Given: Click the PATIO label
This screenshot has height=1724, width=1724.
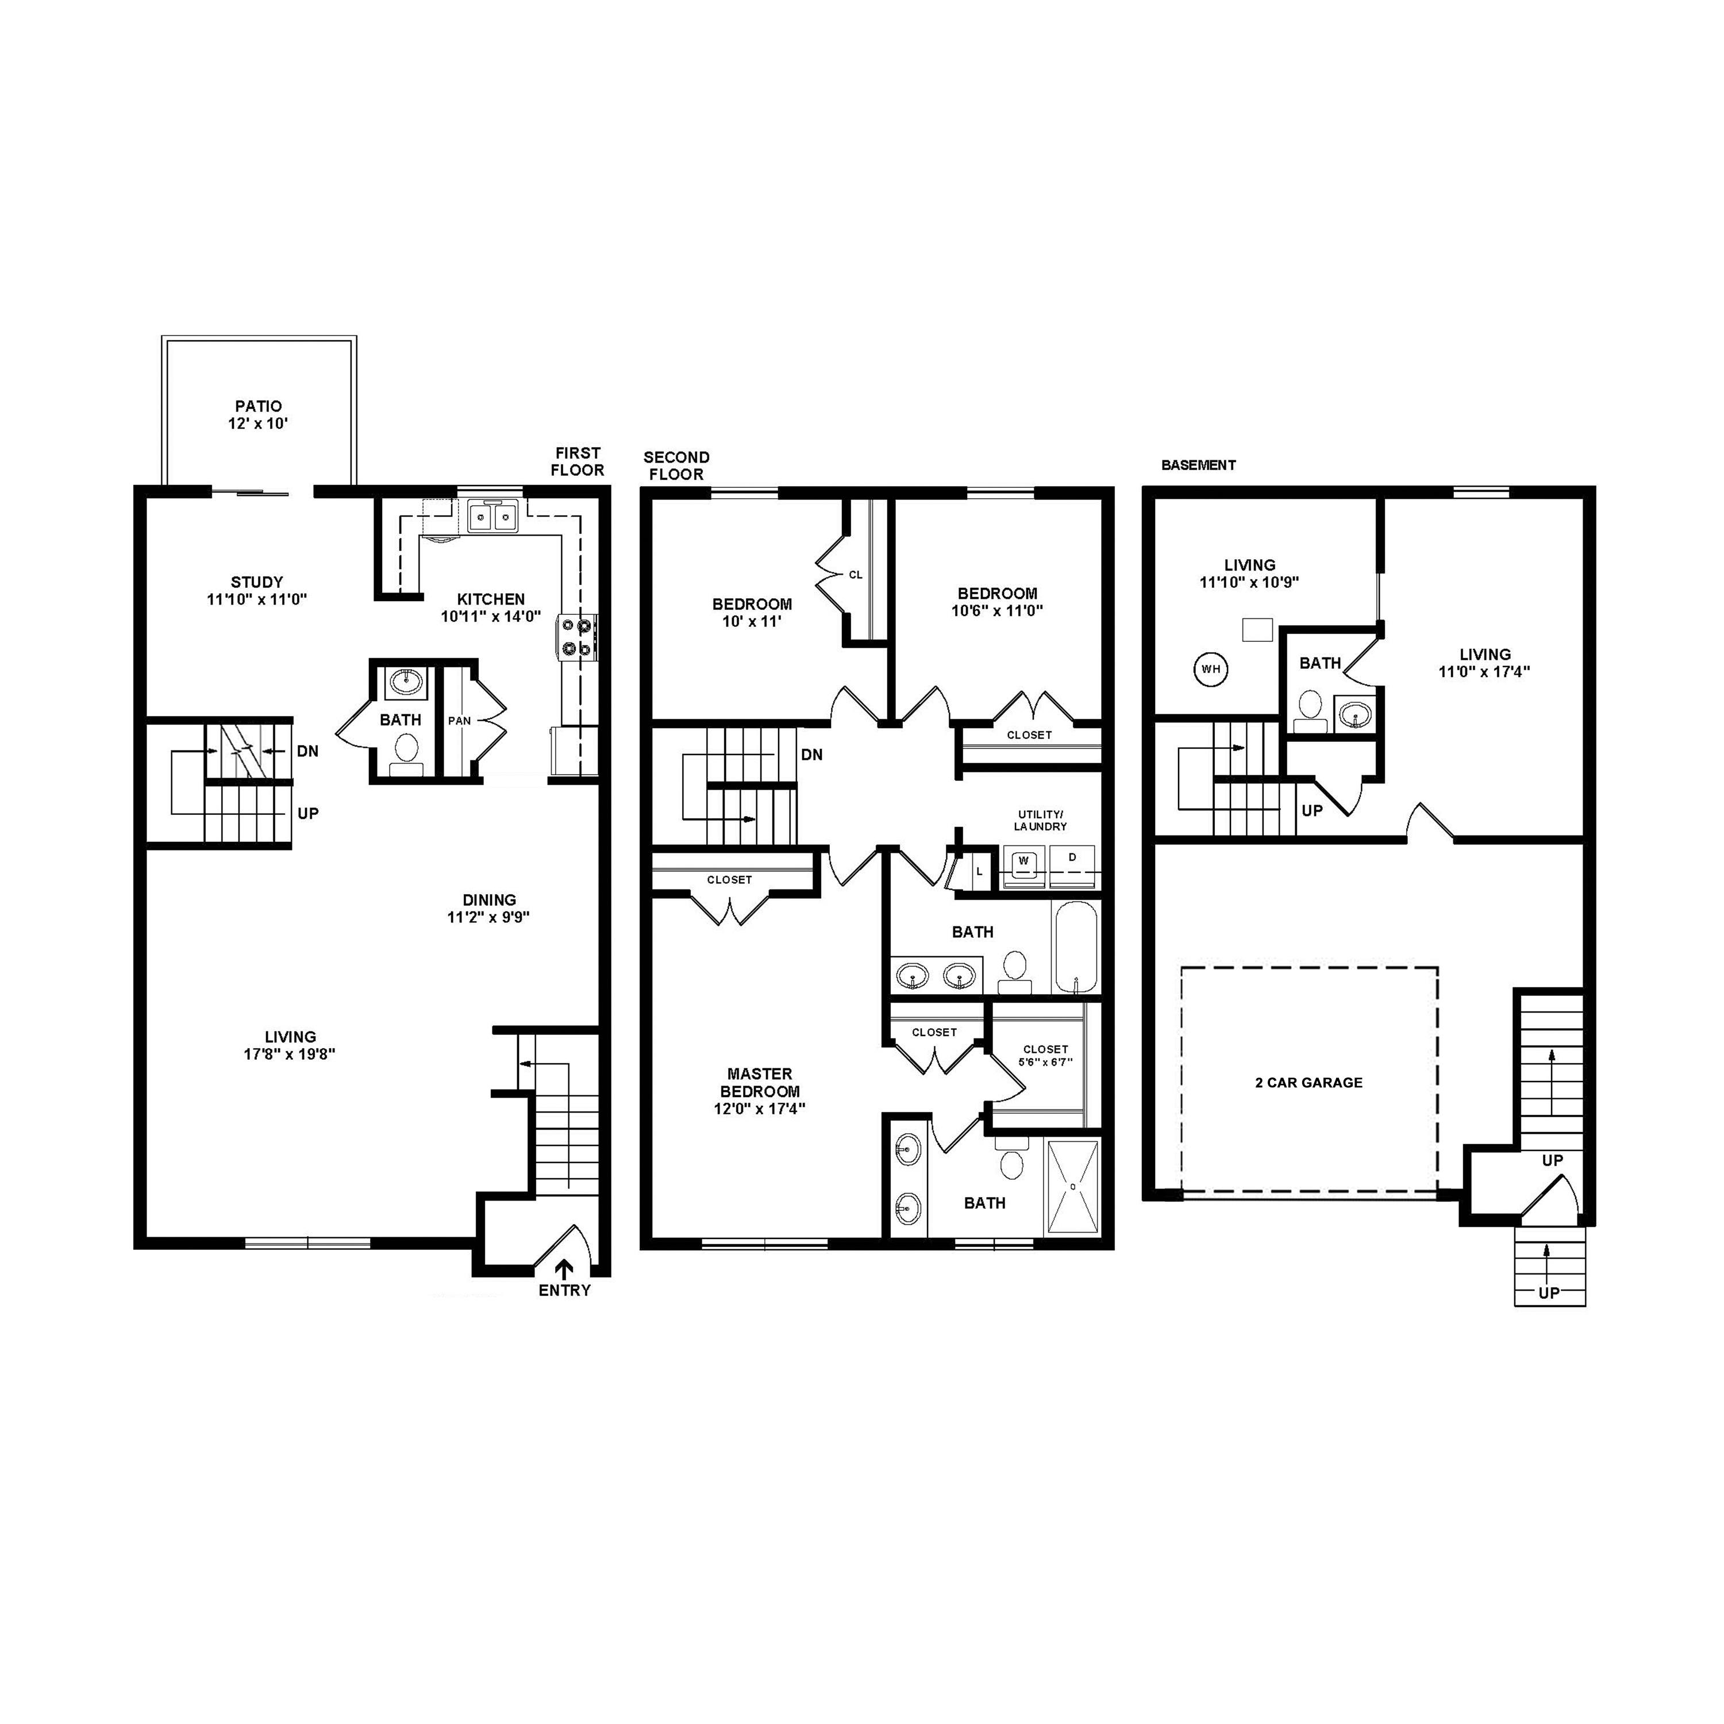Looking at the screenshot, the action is point(258,407).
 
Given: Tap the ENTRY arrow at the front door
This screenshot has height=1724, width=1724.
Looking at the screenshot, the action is point(564,1269).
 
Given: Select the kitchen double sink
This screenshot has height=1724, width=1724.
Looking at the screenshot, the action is point(492,517).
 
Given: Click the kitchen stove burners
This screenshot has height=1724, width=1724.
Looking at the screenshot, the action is point(578,637).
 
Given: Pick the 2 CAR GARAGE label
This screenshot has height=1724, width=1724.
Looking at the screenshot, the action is point(1309,1083).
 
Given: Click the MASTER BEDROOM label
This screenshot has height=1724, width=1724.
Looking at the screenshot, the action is point(760,1083).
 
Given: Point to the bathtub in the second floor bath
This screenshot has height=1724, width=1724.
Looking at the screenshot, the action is point(1077,947).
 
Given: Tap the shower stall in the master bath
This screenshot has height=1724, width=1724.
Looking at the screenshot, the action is point(1073,1188).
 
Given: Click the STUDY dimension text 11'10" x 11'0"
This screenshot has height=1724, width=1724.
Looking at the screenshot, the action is point(257,599).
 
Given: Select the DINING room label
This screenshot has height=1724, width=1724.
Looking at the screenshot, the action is point(489,899).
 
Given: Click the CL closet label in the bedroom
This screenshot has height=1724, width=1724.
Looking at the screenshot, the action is point(856,575).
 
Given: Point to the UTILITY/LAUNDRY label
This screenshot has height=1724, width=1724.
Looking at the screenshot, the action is point(1041,820).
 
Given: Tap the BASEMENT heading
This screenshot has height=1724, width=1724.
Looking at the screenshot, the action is point(1198,465).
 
